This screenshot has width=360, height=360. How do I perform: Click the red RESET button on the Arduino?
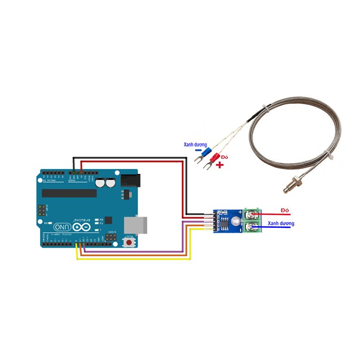pos(129,243)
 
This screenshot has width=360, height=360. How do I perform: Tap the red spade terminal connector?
pos(215,158)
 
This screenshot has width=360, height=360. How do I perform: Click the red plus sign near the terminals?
pos(220,166)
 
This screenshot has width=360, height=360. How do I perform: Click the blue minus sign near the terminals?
pos(198,151)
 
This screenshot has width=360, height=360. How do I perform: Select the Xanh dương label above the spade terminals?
pos(196,144)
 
